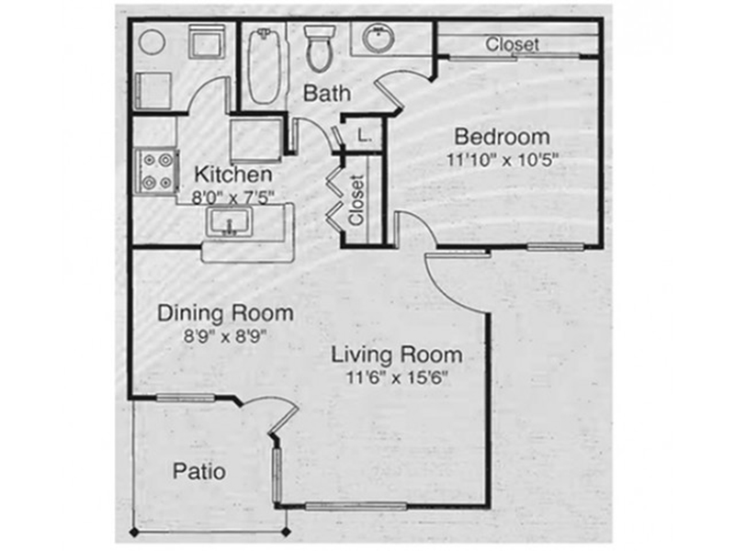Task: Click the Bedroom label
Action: tap(502, 137)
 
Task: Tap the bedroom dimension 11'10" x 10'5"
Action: tap(503, 160)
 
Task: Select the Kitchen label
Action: tap(233, 174)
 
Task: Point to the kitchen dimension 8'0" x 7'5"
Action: tap(232, 197)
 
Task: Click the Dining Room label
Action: tap(225, 313)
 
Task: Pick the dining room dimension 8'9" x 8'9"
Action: tap(225, 336)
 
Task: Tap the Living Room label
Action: tap(397, 354)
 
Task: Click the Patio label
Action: tap(199, 471)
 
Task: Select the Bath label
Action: tap(327, 94)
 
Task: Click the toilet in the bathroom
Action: tap(320, 49)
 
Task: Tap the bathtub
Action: tap(265, 65)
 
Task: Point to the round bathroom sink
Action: tap(378, 38)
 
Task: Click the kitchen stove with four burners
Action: tap(156, 172)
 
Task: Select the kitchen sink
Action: tap(228, 222)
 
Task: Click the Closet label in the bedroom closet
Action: tap(512, 44)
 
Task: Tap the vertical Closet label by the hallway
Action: tap(357, 200)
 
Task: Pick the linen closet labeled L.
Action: tap(364, 136)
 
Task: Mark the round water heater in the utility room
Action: tap(153, 42)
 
